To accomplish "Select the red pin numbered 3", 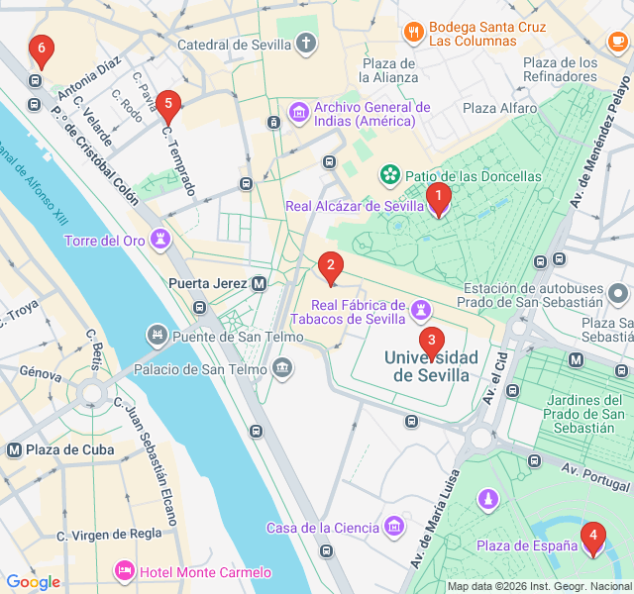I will pyautogui.click(x=431, y=343).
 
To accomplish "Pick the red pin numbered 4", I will pyautogui.click(x=592, y=538).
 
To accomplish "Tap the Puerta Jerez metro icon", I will pyautogui.click(x=260, y=283).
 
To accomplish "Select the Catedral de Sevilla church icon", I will pyautogui.click(x=307, y=44).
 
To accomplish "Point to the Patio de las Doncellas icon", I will pyautogui.click(x=390, y=176).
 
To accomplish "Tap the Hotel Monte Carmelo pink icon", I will pyautogui.click(x=125, y=572).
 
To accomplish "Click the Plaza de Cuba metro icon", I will pyautogui.click(x=14, y=449).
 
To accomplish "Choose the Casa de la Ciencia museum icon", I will pyautogui.click(x=395, y=523).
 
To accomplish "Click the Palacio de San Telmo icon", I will pyautogui.click(x=283, y=370).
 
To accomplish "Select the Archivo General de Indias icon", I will pyautogui.click(x=298, y=114).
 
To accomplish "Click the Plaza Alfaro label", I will pyautogui.click(x=499, y=109).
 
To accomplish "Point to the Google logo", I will pyautogui.click(x=33, y=582).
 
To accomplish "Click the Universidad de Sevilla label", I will pyautogui.click(x=431, y=365).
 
